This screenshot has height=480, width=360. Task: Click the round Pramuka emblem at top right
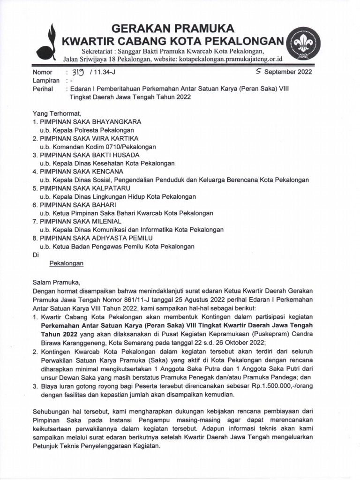click(x=303, y=43)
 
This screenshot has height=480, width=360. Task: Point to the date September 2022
click(x=288, y=72)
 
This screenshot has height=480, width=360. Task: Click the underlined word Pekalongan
click(x=66, y=263)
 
